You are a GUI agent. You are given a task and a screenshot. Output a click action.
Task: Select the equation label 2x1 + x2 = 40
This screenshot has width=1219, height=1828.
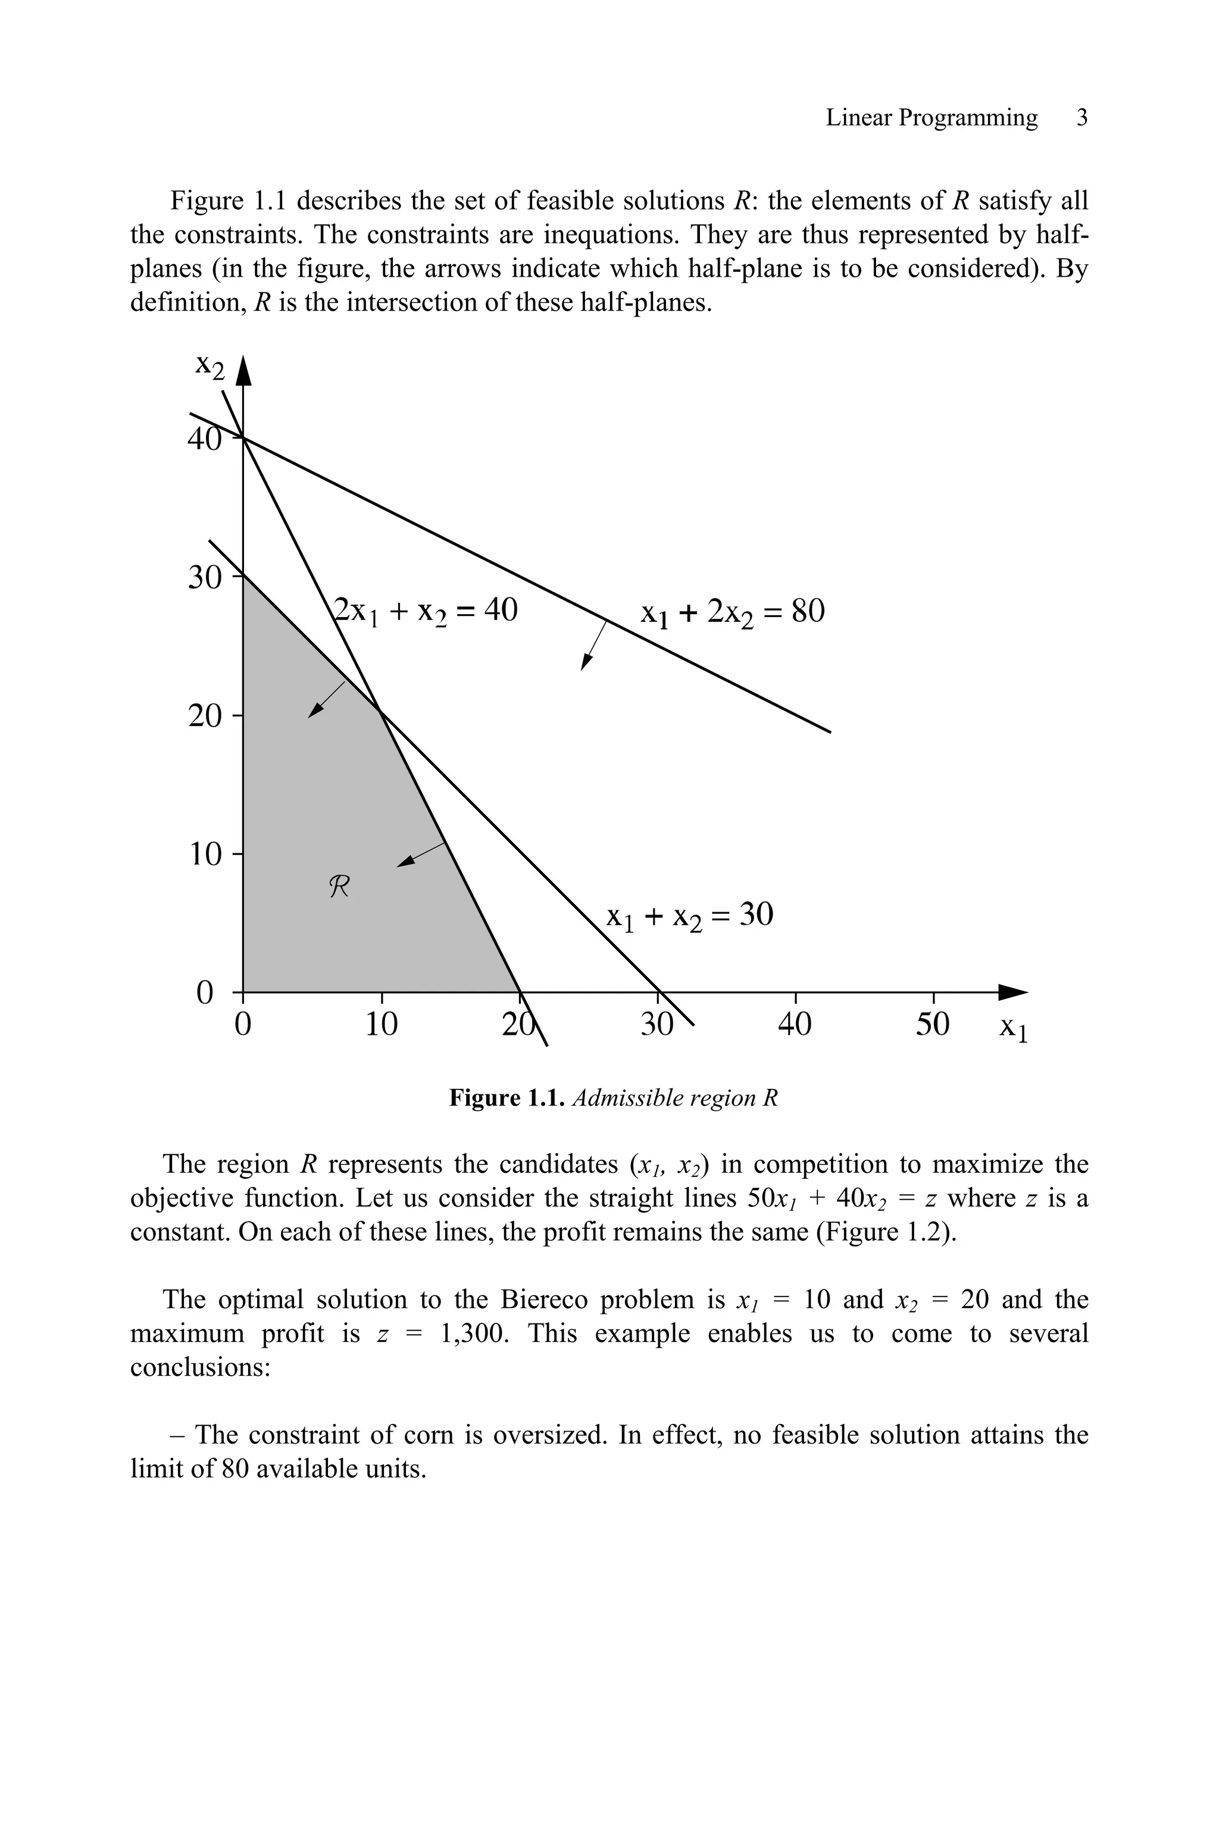[425, 611]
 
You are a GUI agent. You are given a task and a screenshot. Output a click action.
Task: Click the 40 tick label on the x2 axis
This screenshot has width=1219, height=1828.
[204, 440]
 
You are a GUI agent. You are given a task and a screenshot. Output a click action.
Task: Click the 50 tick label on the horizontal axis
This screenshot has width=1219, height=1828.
[932, 1024]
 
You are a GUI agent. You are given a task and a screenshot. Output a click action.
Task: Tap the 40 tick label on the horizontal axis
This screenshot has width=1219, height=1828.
[795, 1024]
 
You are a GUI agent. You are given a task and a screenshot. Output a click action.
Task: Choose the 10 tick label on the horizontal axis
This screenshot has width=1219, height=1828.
[381, 1024]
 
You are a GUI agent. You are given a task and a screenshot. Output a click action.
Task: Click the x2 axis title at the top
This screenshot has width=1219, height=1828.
[210, 365]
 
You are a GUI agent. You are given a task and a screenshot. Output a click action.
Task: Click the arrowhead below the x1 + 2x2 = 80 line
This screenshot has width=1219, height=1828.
[586, 662]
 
